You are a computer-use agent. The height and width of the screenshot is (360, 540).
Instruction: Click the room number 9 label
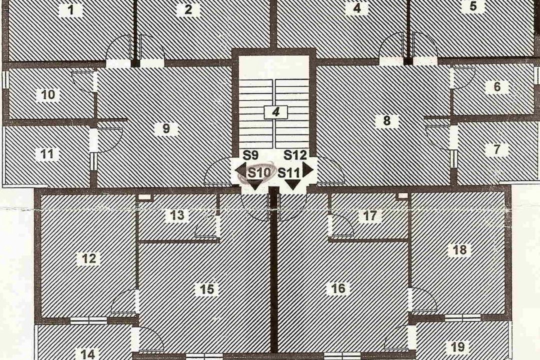point(166,128)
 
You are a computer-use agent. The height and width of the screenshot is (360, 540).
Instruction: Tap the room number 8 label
point(386,120)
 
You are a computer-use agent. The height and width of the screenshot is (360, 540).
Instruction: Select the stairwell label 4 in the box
point(275,112)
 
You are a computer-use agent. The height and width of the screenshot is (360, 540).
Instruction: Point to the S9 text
point(250,155)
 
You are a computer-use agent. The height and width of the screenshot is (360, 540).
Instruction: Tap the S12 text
point(295,155)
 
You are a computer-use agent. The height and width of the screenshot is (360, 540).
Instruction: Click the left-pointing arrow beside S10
point(240,170)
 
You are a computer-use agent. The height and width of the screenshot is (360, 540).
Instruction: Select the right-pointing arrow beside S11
point(308,170)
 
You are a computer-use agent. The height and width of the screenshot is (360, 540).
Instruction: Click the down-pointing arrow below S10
point(255,184)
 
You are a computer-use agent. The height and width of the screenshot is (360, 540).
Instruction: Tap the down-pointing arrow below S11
point(292,184)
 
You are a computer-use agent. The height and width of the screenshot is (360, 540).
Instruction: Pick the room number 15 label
point(206,289)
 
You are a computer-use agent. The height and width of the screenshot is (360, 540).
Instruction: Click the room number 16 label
point(338,288)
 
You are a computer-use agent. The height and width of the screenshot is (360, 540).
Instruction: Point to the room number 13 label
point(177,215)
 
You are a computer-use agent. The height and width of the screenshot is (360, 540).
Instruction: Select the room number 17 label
point(370,216)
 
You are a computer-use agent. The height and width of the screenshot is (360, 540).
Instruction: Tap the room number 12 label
point(89,258)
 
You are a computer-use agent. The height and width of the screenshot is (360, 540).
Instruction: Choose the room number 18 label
point(460,249)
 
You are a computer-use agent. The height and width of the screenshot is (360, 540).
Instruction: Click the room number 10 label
point(48,94)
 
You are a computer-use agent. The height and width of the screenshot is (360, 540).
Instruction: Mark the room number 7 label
point(496,149)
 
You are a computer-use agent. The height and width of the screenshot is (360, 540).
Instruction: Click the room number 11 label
point(47,153)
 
